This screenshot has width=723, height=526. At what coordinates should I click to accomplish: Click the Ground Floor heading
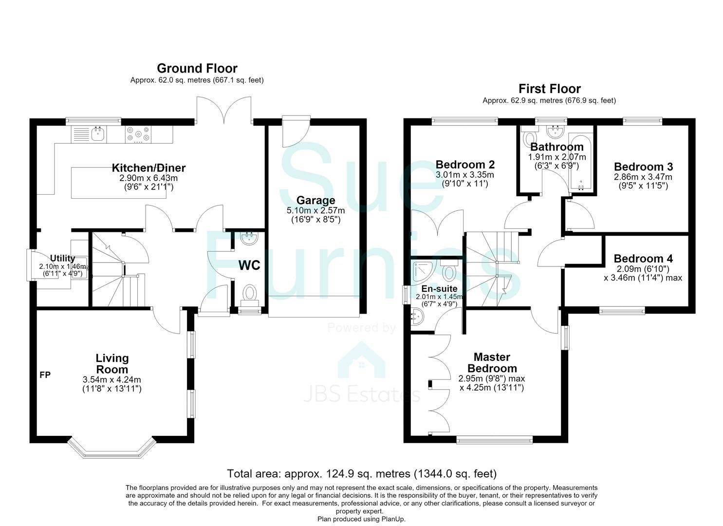(x=197, y=69)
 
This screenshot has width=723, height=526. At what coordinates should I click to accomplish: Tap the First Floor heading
(x=549, y=89)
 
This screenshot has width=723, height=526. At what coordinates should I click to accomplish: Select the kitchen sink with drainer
(x=89, y=134)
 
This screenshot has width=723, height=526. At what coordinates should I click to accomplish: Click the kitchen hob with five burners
(x=138, y=134)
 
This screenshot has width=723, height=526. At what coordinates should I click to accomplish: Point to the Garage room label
(x=315, y=200)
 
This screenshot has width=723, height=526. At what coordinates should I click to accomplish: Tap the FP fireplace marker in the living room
(x=45, y=375)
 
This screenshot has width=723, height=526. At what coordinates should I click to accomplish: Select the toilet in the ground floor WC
(x=250, y=295)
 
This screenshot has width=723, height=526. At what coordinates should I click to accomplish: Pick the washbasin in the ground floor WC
(x=249, y=239)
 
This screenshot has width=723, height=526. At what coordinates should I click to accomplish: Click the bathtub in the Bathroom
(x=581, y=161)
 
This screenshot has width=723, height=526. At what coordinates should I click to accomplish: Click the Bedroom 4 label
(x=643, y=259)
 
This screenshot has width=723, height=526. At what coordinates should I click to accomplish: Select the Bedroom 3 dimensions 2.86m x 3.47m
(x=643, y=177)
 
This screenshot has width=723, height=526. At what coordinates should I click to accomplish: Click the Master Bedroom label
(x=492, y=363)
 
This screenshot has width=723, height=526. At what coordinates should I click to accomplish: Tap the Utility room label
(x=63, y=258)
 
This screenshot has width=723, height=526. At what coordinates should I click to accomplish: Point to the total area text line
(x=362, y=474)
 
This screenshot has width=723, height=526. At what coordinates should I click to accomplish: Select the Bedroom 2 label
(x=465, y=165)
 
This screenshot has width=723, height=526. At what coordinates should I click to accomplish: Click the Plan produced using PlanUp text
(x=361, y=519)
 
